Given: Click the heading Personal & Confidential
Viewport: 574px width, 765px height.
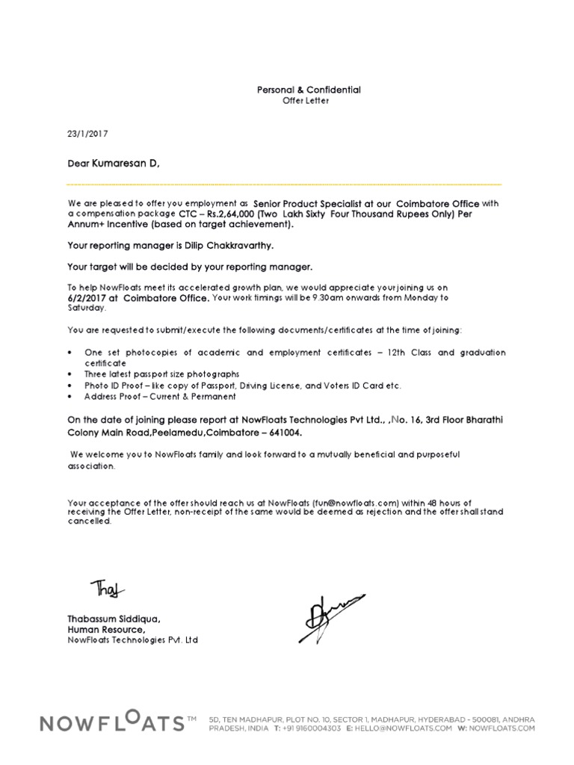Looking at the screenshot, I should pos(309,90).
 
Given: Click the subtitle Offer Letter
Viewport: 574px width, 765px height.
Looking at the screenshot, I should pos(305,101).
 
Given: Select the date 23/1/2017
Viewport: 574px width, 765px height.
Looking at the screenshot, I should pos(88,134).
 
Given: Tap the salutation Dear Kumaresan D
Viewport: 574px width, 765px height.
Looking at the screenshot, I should pos(114,162).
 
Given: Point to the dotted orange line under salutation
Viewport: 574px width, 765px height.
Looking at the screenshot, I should pos(284,184).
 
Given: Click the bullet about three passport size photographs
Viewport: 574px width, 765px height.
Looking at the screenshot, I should pos(161,373).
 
